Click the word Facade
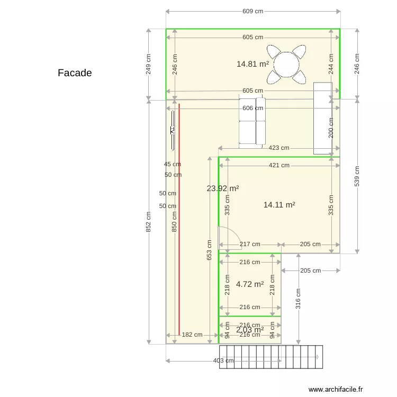click(x=75, y=73)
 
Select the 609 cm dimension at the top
click(x=252, y=11)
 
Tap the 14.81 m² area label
click(x=252, y=64)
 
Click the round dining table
click(x=286, y=64)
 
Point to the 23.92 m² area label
click(x=222, y=188)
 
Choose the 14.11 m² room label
click(x=279, y=204)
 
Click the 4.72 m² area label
click(x=250, y=284)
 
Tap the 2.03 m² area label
click(x=250, y=330)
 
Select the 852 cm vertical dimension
click(x=149, y=222)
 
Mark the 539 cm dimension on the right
click(x=356, y=176)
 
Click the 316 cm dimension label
click(x=299, y=299)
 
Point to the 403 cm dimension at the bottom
click(x=223, y=361)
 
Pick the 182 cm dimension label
click(x=192, y=335)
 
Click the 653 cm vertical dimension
click(x=210, y=250)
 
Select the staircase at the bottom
click(x=270, y=357)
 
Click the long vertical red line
click(x=179, y=222)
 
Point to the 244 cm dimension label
click(x=331, y=64)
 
